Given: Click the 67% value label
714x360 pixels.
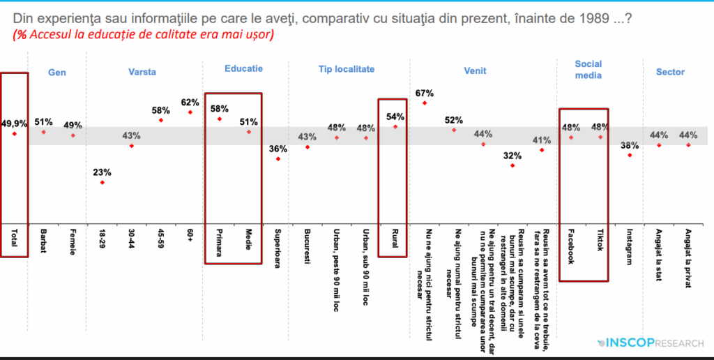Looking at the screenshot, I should point(424,93).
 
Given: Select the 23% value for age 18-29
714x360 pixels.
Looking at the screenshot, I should point(102,172).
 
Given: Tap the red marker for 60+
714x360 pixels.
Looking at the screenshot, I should point(190,112).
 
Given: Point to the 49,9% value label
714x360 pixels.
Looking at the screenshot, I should point(14,123).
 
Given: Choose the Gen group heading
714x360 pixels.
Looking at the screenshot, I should point(57,72).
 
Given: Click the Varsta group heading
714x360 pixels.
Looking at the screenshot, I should point(142,72).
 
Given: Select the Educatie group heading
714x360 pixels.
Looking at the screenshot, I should point(243,68).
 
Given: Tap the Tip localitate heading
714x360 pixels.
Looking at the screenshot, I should point(347,69).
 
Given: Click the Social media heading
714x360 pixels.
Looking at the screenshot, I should point(588,70).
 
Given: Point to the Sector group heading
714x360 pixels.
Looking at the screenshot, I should point(670,72).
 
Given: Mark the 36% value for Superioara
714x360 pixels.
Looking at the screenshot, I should point(278,148).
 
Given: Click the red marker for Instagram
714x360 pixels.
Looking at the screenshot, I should point(629,155).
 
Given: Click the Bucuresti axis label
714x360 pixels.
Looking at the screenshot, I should point(307,244).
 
